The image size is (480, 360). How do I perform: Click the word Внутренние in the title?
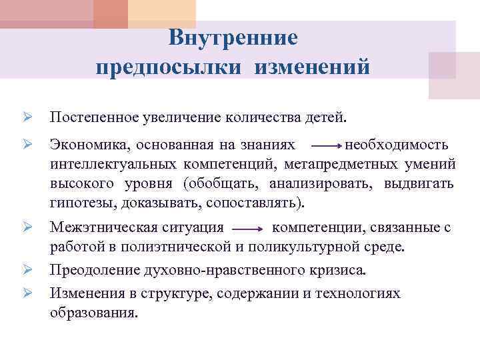tap(233, 37)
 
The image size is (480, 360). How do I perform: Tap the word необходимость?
tap(401, 145)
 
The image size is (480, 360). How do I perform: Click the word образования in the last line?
tap(93, 313)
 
